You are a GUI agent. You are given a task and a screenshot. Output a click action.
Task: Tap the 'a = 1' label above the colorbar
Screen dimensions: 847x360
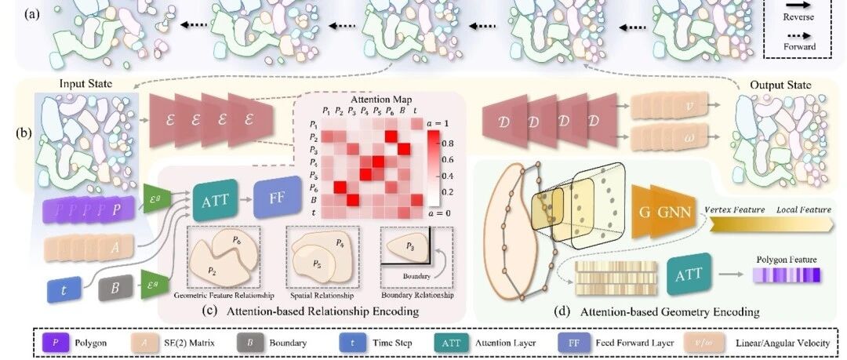click(x=442, y=124)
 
